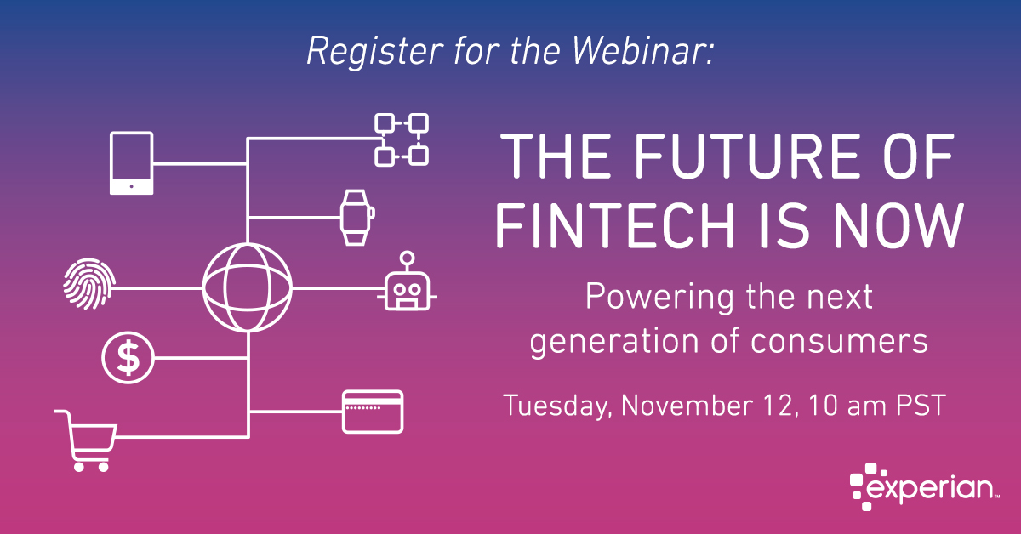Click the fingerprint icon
(x=89, y=284)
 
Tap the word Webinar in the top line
(x=643, y=51)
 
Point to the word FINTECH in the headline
(x=615, y=225)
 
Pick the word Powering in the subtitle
(x=659, y=298)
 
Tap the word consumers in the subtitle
(x=839, y=342)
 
